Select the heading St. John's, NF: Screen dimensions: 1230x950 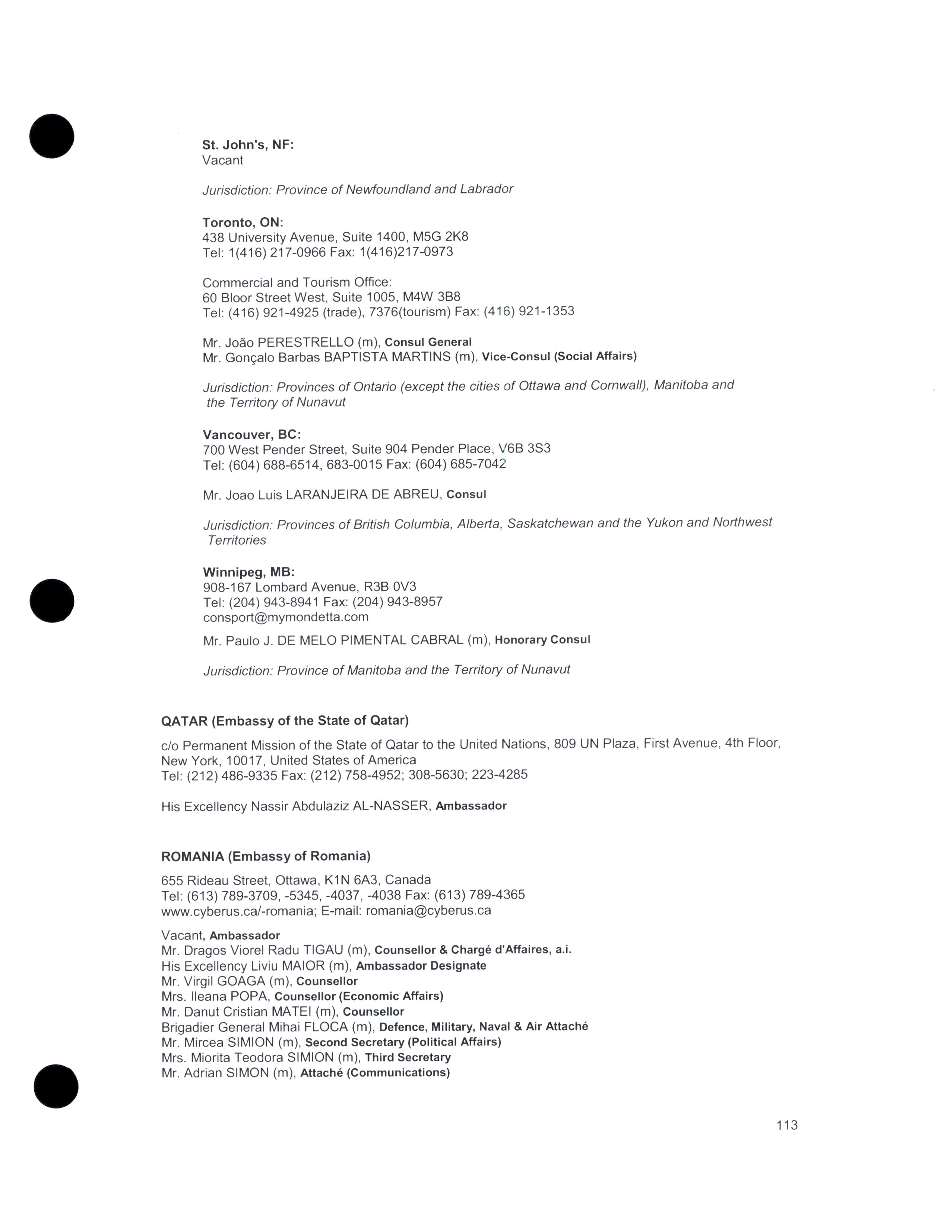248,145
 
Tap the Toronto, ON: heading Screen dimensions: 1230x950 243,222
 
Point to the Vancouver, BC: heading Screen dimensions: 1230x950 251,434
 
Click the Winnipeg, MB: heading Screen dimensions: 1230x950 249,572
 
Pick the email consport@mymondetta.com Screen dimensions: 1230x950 285,617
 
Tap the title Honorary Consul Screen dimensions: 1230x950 542,640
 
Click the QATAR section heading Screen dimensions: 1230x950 285,720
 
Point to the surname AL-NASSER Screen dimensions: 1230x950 390,806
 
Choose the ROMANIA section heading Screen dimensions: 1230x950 266,856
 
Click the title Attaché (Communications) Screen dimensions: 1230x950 375,1072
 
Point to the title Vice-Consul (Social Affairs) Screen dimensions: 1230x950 559,356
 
